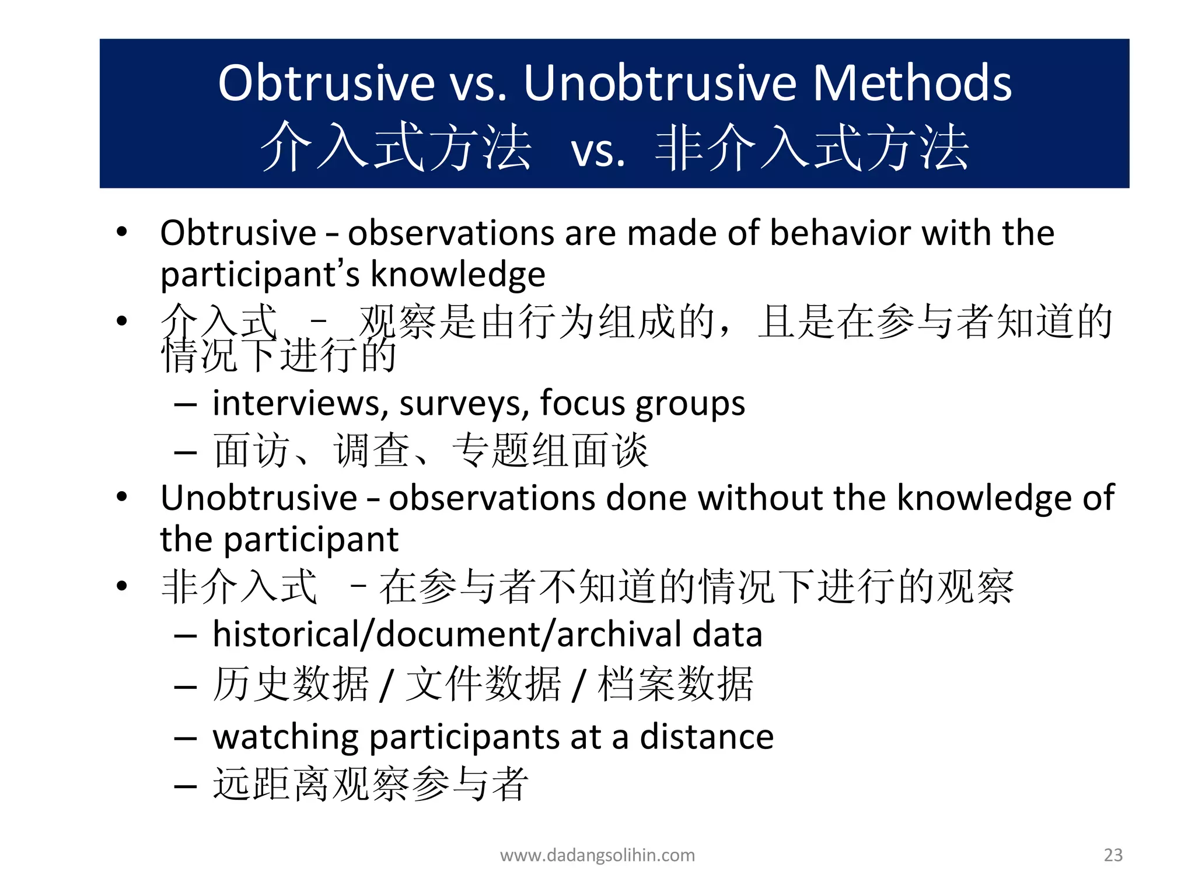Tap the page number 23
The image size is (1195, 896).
coord(1113,855)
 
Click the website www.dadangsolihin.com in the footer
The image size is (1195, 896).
coord(597,855)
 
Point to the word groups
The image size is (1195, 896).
coord(690,404)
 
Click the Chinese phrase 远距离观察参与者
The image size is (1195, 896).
coord(371,784)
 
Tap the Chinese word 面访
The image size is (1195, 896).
coord(251,450)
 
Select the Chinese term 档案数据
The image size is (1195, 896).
coord(676,684)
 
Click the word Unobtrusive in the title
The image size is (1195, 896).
coord(660,83)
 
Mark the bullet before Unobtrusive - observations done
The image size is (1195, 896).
coord(121,497)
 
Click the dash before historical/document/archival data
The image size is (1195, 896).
coord(185,635)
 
